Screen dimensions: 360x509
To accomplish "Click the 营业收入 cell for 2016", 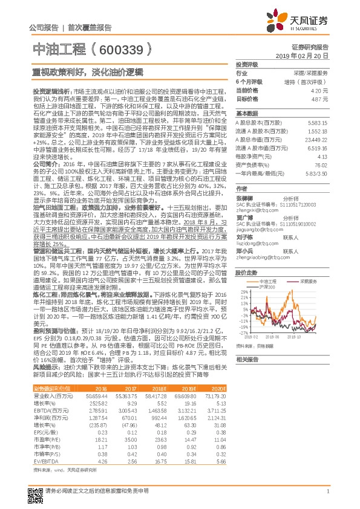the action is point(97,395).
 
